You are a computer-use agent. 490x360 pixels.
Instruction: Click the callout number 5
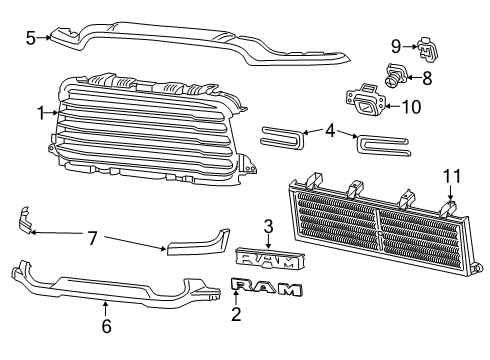pyautogui.click(x=30, y=38)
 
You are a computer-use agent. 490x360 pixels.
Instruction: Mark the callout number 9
pyautogui.click(x=396, y=45)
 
